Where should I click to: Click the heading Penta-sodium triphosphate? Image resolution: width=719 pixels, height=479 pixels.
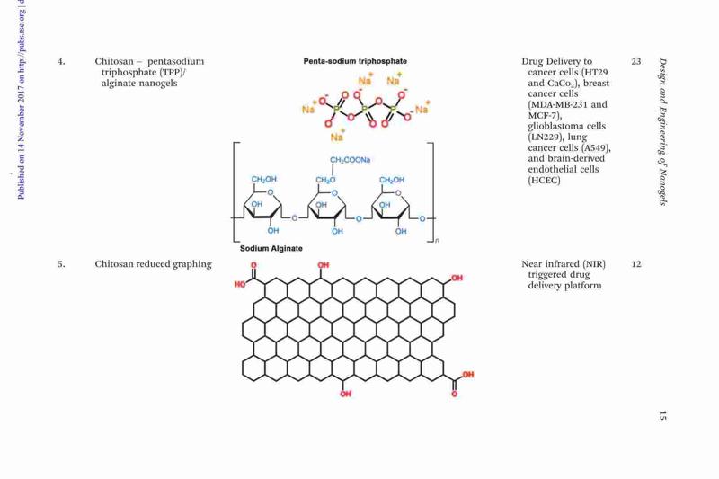pyautogui.click(x=355, y=61)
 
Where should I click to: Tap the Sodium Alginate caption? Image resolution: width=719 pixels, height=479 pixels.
pyautogui.click(x=271, y=248)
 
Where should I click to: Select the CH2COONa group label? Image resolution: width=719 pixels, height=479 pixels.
pyautogui.click(x=350, y=160)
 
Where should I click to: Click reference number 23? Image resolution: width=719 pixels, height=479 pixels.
pyautogui.click(x=636, y=61)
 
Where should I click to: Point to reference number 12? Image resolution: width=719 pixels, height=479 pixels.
pyautogui.click(x=636, y=264)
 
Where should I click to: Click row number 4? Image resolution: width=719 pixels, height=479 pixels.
pyautogui.click(x=61, y=61)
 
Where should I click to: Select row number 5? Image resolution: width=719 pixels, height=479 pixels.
pyautogui.click(x=61, y=264)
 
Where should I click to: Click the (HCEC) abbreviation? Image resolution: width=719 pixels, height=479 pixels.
pyautogui.click(x=544, y=180)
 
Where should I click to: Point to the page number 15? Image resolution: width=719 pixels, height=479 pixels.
pyautogui.click(x=662, y=416)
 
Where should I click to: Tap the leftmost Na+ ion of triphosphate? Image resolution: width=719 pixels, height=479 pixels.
pyautogui.click(x=309, y=108)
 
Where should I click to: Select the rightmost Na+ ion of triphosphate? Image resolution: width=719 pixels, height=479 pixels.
pyautogui.click(x=422, y=108)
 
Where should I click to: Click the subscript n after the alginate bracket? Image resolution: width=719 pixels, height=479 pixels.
pyautogui.click(x=437, y=240)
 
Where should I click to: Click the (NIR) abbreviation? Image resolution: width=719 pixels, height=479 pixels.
pyautogui.click(x=594, y=264)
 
